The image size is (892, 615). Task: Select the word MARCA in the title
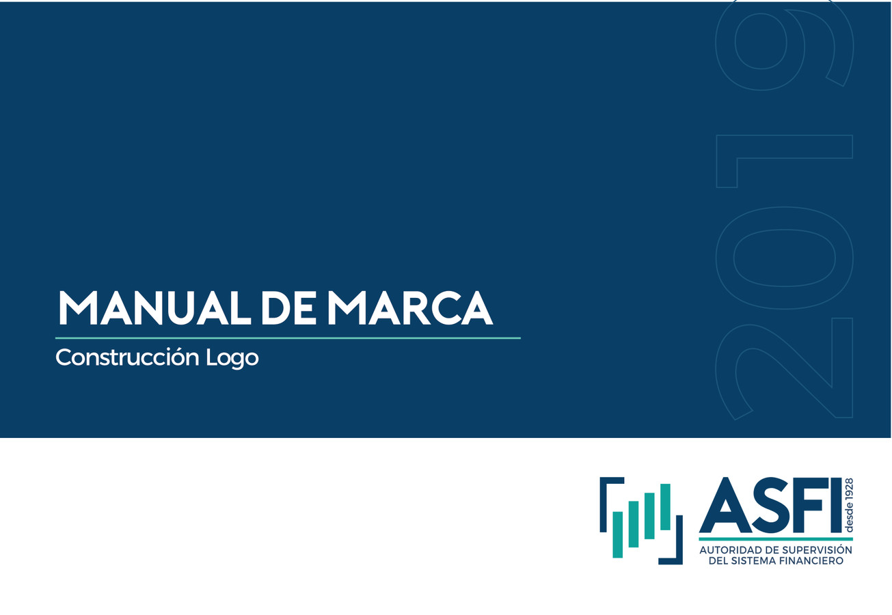pos(410,307)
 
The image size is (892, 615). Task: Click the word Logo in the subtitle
pos(232,357)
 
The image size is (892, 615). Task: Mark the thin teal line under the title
pos(288,338)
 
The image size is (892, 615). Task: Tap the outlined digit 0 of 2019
pos(784,258)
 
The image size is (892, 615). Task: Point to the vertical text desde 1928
pos(850,506)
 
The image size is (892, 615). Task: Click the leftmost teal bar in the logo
pos(617,534)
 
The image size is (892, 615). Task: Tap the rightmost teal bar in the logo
pos(665,506)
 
